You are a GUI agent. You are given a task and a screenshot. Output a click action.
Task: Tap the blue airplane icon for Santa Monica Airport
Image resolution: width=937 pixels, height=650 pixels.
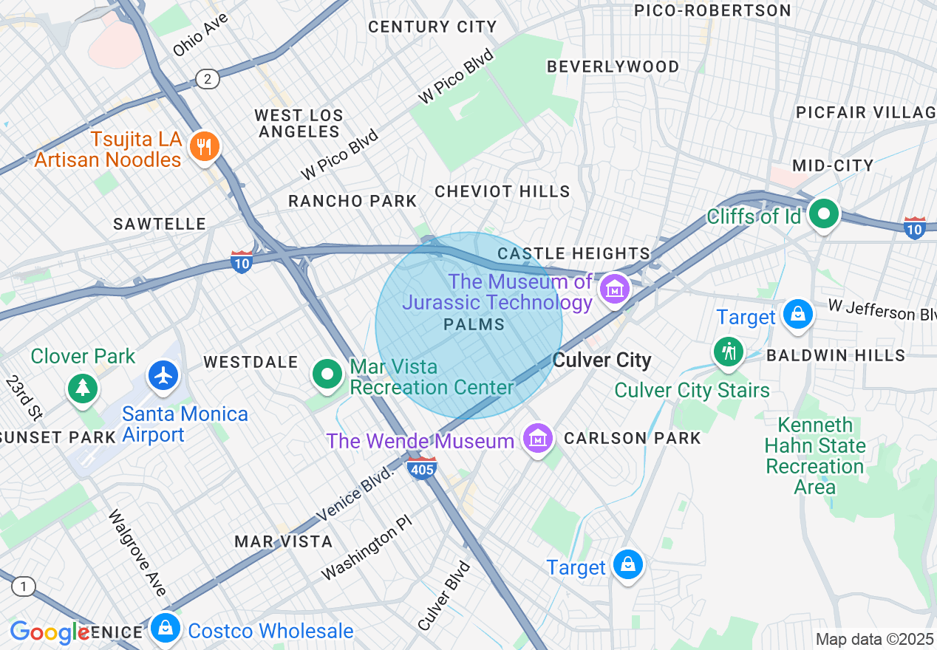163,374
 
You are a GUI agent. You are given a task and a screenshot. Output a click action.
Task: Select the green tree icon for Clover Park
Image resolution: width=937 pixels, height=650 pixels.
83,386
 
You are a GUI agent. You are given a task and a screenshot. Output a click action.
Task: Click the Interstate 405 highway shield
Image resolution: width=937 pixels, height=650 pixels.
422,468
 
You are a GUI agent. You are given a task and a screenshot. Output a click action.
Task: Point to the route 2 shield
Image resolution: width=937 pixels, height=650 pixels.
208,79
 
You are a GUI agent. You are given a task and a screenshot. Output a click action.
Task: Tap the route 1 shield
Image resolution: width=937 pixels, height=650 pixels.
23,587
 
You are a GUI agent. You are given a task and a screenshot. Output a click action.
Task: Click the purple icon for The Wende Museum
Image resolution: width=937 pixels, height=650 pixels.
537,439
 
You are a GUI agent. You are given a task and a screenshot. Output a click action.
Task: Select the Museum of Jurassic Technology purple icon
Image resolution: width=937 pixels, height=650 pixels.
615,288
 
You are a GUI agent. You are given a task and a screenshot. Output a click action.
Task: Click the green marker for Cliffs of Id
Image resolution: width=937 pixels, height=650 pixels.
823,215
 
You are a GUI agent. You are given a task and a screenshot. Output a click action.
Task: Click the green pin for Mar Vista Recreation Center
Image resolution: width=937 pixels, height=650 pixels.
327,374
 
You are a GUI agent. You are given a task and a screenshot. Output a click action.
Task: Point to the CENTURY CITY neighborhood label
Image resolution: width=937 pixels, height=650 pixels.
432,27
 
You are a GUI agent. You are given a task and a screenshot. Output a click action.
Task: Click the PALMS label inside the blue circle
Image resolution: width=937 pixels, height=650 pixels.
474,324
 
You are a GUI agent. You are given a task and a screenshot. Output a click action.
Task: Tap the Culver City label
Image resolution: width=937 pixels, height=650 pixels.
602,360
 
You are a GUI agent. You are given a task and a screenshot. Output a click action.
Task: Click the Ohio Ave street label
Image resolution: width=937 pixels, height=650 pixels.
200,34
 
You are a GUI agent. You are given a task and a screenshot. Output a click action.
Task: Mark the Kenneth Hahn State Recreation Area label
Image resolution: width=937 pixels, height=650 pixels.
815,456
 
